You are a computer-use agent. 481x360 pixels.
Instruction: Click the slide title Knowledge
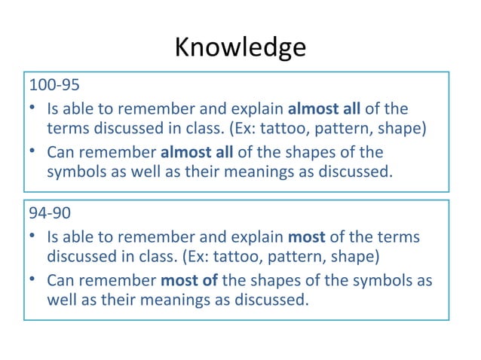click(x=240, y=47)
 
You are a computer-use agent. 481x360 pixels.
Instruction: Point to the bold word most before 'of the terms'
click(x=306, y=237)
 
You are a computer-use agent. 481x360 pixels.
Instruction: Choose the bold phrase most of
click(x=189, y=281)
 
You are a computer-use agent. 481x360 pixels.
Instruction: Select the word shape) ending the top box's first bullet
click(x=405, y=128)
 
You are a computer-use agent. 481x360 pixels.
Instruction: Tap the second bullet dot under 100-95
click(x=33, y=151)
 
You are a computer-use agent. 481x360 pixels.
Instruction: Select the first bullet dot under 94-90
click(x=33, y=237)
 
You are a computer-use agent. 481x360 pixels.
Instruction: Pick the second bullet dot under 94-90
click(x=33, y=281)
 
